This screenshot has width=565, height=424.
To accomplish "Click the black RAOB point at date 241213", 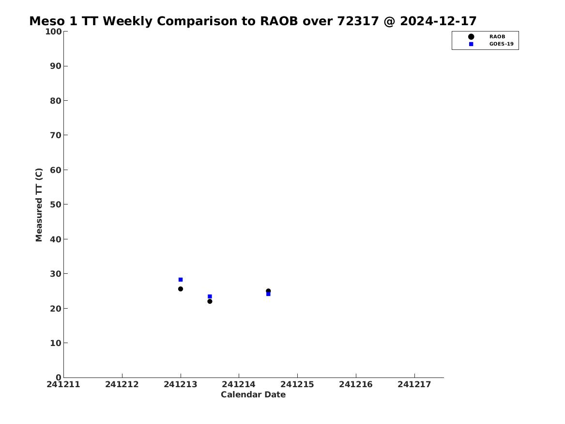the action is tap(181, 289).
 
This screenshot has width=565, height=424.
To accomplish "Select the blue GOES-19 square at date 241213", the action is tap(181, 280).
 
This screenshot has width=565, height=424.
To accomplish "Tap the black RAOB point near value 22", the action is tap(210, 301).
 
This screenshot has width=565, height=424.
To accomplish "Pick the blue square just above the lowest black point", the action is tap(210, 297).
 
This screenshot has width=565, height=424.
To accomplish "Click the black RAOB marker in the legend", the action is tap(471, 37).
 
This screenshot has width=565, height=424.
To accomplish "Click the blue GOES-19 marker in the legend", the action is tap(471, 44).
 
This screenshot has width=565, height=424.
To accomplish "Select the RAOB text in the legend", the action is tap(497, 37).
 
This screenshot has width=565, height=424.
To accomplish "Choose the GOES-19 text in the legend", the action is tap(502, 44).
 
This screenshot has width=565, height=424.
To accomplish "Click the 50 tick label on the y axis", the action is tap(56, 204).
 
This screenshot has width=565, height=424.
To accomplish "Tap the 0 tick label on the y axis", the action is tap(59, 377).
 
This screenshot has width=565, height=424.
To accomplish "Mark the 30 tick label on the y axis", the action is tap(56, 274).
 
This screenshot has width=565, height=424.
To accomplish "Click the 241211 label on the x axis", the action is tap(63, 385).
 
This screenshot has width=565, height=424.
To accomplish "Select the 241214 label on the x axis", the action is tap(239, 385).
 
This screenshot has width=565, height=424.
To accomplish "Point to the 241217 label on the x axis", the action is tap(414, 385).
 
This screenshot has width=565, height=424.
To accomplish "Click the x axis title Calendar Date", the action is tap(253, 395).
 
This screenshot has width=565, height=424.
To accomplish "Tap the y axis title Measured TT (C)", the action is tap(39, 205).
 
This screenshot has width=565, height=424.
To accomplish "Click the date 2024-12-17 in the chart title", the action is tap(438, 21).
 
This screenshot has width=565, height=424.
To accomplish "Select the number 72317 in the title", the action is tap(358, 21).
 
